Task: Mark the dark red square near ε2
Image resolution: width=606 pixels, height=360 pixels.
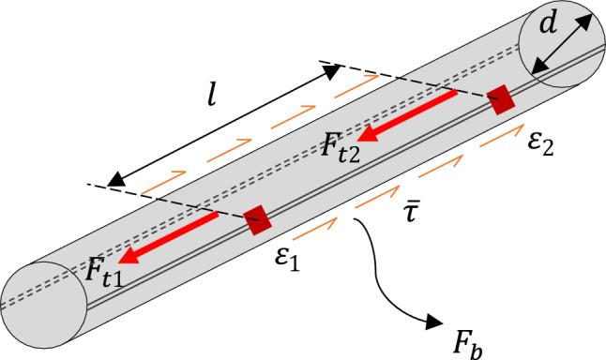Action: click(x=503, y=98)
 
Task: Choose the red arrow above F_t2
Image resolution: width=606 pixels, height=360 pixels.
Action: click(x=409, y=116)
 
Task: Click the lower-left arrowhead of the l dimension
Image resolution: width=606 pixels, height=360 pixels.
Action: click(x=114, y=180)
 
